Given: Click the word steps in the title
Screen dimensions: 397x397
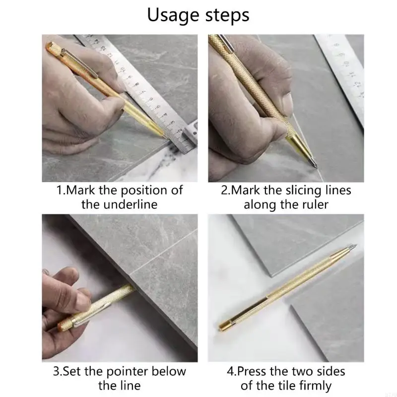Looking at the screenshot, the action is click(x=227, y=15).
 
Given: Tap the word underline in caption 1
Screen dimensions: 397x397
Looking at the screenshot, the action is click(x=131, y=204).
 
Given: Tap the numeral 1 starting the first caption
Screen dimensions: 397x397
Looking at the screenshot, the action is click(x=59, y=191).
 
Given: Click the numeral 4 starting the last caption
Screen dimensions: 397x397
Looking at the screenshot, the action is click(x=230, y=372).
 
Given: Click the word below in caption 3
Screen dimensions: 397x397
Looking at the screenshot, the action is click(x=169, y=371).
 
